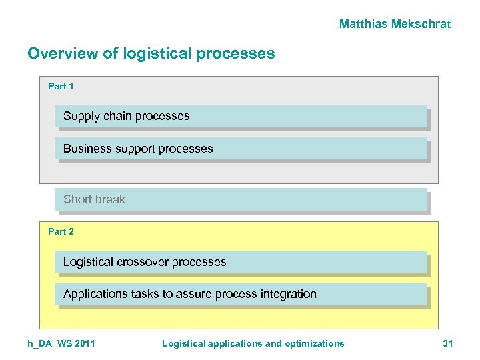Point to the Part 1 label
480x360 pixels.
point(61,86)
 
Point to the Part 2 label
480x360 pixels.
point(61,231)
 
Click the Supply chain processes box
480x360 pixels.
point(241,116)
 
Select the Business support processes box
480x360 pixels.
point(241,149)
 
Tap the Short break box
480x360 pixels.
point(241,199)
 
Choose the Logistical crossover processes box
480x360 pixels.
point(241,262)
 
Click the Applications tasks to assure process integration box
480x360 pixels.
point(241,294)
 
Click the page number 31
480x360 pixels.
point(447,343)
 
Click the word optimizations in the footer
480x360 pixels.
point(314,343)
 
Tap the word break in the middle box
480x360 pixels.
point(110,199)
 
